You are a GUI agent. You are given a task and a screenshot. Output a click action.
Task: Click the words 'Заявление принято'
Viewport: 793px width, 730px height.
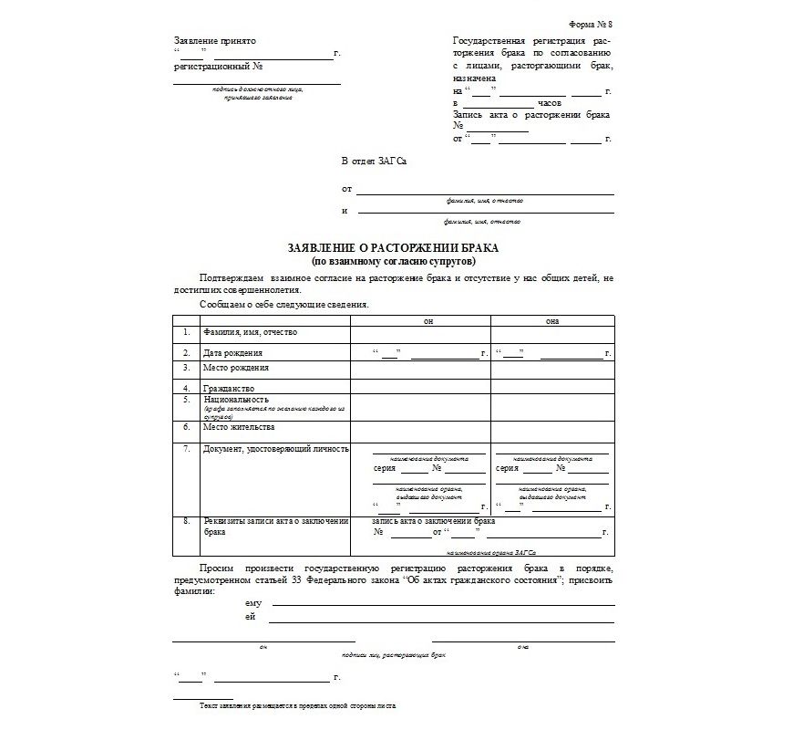(215, 41)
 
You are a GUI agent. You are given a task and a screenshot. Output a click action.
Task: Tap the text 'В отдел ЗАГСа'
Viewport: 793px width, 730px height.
(374, 161)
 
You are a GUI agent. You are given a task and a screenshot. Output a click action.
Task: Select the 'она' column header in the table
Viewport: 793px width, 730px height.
(552, 321)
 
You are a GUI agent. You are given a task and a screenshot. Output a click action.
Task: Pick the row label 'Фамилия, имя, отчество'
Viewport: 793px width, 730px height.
(251, 332)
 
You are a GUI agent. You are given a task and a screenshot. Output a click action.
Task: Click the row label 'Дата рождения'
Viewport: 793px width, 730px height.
(233, 352)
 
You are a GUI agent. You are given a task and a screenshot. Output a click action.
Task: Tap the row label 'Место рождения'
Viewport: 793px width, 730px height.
(236, 368)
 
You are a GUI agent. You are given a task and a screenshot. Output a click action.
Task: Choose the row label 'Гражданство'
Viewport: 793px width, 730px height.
(229, 388)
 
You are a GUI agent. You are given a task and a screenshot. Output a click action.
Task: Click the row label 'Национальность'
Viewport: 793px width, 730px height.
(236, 399)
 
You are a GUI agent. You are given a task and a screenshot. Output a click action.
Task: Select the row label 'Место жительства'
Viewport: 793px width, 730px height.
(239, 426)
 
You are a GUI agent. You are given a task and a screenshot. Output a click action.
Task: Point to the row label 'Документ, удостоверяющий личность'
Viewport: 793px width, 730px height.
(277, 449)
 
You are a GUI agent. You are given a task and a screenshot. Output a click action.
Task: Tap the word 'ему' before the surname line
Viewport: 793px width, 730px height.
(253, 604)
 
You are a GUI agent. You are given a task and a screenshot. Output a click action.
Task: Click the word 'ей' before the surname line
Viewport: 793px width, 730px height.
(250, 618)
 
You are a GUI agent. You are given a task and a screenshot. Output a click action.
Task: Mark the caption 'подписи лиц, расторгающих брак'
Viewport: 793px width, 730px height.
(393, 655)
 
